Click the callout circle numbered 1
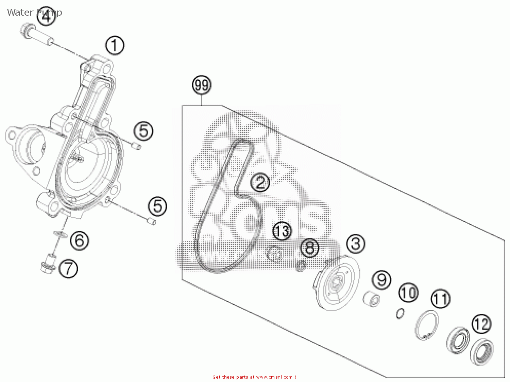pyautogui.click(x=115, y=46)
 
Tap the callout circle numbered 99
pyautogui.click(x=202, y=85)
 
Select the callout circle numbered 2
pyautogui.click(x=260, y=183)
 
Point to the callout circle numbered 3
pyautogui.click(x=356, y=244)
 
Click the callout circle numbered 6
pyautogui.click(x=80, y=240)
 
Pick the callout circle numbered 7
pyautogui.click(x=68, y=269)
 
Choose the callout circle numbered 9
pyautogui.click(x=381, y=280)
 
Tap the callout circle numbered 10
pyautogui.click(x=408, y=293)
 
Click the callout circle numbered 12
pyautogui.click(x=481, y=324)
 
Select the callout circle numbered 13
pyautogui.click(x=282, y=231)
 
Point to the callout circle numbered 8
pyautogui.click(x=310, y=248)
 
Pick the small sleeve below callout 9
pyautogui.click(x=371, y=298)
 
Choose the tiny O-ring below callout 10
pyautogui.click(x=401, y=313)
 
